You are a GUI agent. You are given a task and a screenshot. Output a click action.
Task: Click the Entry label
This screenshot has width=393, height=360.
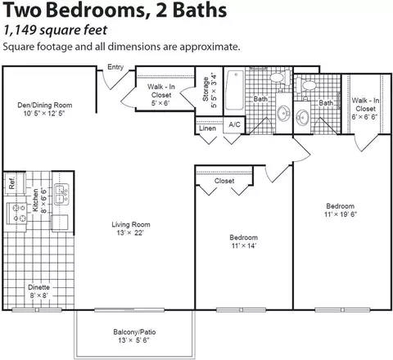pos(115,67)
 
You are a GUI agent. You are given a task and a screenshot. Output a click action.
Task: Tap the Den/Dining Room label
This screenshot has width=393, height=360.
pos(45,106)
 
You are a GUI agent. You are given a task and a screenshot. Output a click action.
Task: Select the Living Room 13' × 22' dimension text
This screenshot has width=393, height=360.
pos(130,233)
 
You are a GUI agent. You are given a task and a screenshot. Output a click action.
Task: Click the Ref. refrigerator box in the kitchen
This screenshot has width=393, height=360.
pos(15,183)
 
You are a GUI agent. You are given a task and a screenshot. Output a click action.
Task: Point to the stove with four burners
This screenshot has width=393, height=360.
pos(16,214)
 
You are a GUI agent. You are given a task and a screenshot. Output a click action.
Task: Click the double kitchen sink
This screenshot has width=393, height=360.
pos(61,195)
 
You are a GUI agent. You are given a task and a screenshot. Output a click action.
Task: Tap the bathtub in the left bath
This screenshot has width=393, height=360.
pos(234,90)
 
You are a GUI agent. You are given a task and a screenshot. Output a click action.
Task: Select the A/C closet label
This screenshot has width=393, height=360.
pos(234,124)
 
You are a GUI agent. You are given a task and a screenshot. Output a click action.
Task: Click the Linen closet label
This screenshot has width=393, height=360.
pos(207,128)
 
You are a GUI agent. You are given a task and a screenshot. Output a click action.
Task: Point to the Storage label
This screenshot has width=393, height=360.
pos(206,89)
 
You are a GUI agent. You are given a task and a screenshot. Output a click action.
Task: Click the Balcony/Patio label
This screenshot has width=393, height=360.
pos(134,332)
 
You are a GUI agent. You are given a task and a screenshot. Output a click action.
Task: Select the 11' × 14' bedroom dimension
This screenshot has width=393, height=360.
pos(244,245)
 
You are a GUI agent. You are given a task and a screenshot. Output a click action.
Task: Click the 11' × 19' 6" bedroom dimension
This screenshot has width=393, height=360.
pos(341,214)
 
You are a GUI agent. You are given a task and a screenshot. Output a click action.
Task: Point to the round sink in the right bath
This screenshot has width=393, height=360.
pos(302,118)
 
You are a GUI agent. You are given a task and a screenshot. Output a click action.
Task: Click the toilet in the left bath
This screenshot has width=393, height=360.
pos(281,77)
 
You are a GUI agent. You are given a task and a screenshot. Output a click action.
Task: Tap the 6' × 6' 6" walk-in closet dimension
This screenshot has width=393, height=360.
pos(364,117)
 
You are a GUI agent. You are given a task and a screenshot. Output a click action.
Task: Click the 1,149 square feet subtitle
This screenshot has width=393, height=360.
pos(55,30)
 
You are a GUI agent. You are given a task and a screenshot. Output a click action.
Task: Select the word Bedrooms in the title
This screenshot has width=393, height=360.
pos(99,11)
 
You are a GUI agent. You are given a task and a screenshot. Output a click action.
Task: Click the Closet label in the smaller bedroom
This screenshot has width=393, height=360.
pos(224,181)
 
